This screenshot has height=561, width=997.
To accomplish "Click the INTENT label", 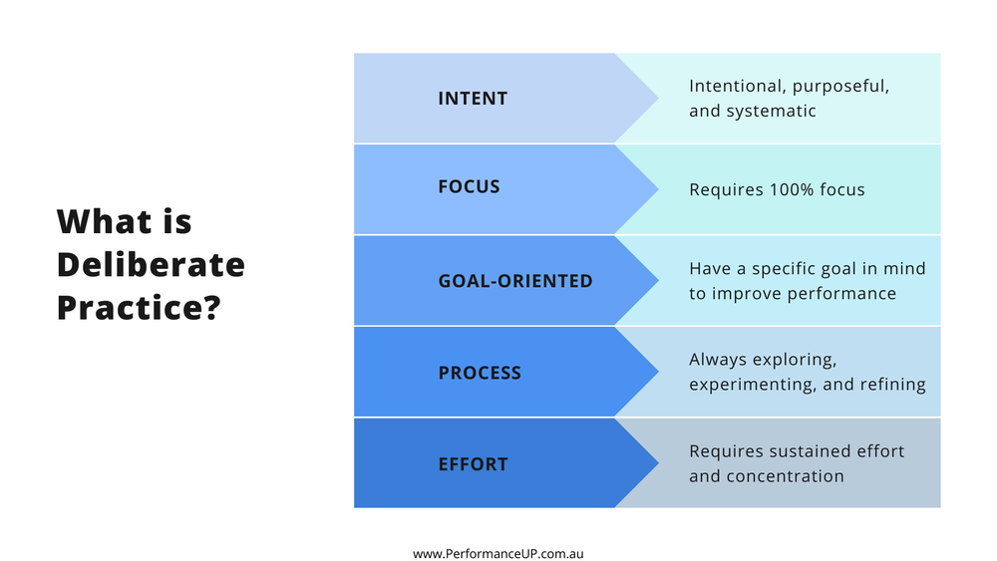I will coord(473,99).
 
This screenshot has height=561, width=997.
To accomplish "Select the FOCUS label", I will coord(469,187).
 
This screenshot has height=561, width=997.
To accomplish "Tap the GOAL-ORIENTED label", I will coord(515,281).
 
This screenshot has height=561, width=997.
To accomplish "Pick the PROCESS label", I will coord(480,374).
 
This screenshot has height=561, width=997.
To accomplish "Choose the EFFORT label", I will coord(473,464).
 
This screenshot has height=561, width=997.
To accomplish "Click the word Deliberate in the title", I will coord(151,265).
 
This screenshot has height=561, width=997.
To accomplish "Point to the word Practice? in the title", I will coord(139,308).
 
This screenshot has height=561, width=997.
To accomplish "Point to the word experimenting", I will coord(747,385).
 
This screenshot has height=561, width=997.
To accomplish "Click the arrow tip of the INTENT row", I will coord(655,99).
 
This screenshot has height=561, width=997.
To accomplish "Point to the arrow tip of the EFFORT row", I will coord(655,463).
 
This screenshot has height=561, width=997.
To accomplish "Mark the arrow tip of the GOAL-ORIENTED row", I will coord(655,281).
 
